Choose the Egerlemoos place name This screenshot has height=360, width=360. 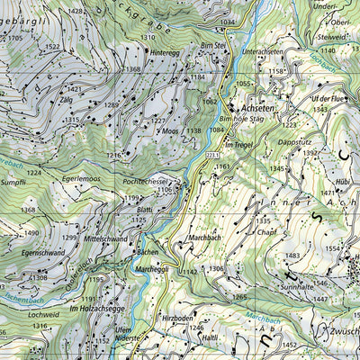(x=81, y=179)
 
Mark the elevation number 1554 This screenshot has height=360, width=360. (x=334, y=247)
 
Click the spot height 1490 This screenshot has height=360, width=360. (x=30, y=232)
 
